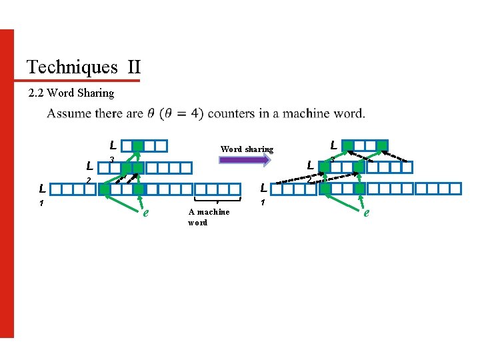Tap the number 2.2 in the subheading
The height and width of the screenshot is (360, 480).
[37, 93]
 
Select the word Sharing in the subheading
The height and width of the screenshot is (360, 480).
[95, 93]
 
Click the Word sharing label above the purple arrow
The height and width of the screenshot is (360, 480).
[247, 149]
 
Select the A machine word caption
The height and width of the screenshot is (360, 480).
[208, 217]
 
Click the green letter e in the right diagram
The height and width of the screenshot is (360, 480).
[366, 213]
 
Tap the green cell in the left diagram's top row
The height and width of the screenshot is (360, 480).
[137, 146]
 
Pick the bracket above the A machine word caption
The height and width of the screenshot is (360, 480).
[217, 199]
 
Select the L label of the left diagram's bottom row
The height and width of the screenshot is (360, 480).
[41, 189]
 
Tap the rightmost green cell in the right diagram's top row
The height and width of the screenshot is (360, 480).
[381, 145]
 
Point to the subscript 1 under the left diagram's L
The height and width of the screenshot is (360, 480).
[41, 203]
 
